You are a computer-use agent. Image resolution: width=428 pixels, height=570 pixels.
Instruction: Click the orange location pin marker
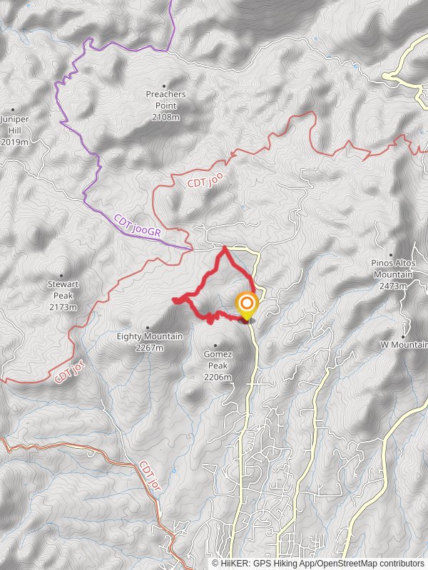246,306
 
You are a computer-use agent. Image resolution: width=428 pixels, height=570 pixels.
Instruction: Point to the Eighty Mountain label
150,336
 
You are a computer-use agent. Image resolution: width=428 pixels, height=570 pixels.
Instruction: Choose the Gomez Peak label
217,359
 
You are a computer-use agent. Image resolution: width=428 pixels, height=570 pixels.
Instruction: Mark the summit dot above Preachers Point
165,85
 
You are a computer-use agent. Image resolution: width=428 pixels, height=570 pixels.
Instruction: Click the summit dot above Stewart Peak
61,276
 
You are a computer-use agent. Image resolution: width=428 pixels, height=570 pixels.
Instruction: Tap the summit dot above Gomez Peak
215,346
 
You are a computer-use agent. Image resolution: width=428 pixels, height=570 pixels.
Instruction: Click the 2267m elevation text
150,348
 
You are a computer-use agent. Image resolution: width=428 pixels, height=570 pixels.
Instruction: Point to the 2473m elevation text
393,286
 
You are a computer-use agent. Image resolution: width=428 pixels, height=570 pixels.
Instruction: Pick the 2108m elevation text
165,117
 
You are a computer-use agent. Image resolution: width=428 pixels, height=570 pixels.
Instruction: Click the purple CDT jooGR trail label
138,228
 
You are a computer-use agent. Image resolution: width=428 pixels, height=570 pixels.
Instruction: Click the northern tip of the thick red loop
225,248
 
